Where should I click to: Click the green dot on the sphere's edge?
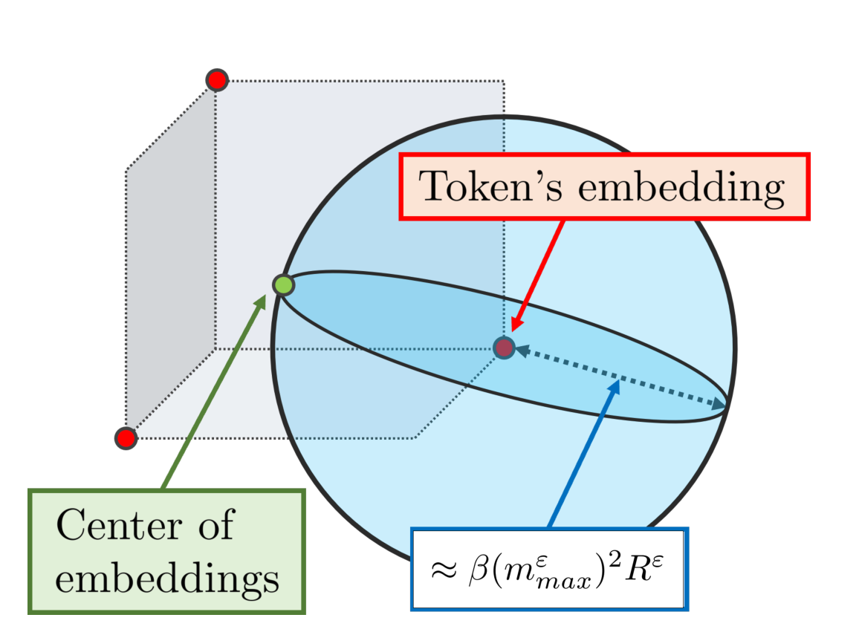[x=283, y=284]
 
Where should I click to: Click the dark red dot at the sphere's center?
[x=505, y=347]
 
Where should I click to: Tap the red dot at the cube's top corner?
[x=216, y=79]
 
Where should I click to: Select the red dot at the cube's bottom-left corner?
[x=126, y=438]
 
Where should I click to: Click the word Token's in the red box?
[x=491, y=187]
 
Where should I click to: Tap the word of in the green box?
[x=216, y=526]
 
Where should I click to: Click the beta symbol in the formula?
[x=472, y=570]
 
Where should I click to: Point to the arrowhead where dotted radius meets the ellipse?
[x=717, y=405]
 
